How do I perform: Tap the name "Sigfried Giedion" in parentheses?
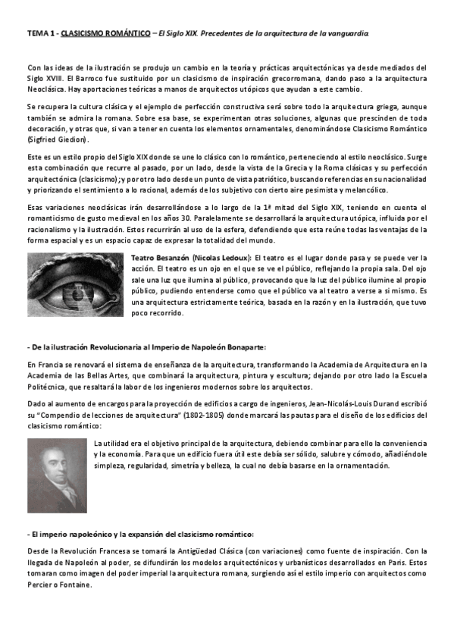[x=58, y=140]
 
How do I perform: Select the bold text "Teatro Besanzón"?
[x=161, y=258]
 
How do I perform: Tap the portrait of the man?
[x=56, y=475]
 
